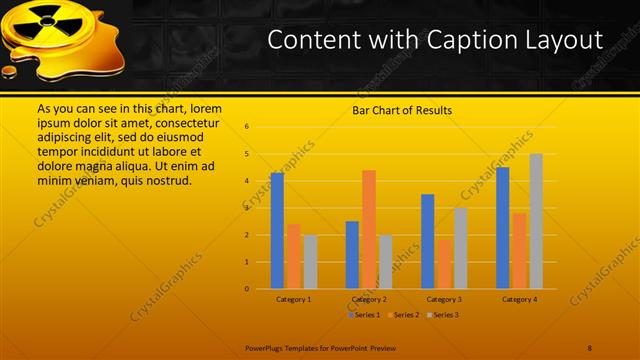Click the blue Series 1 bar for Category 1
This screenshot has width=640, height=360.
(x=277, y=230)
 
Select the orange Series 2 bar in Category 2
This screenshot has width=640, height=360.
(x=369, y=229)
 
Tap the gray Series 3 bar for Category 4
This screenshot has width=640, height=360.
(x=536, y=221)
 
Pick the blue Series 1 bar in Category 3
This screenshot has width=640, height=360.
(x=428, y=241)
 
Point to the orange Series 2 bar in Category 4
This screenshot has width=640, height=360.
(x=519, y=250)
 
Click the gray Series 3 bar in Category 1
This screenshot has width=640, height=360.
(x=310, y=262)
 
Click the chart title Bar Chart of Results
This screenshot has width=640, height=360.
(x=402, y=111)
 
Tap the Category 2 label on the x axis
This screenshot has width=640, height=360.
(x=369, y=299)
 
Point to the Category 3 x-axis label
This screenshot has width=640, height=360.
(x=444, y=299)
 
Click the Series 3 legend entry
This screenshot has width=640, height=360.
(x=443, y=314)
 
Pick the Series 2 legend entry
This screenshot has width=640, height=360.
(x=404, y=314)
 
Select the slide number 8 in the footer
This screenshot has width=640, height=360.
(x=590, y=347)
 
